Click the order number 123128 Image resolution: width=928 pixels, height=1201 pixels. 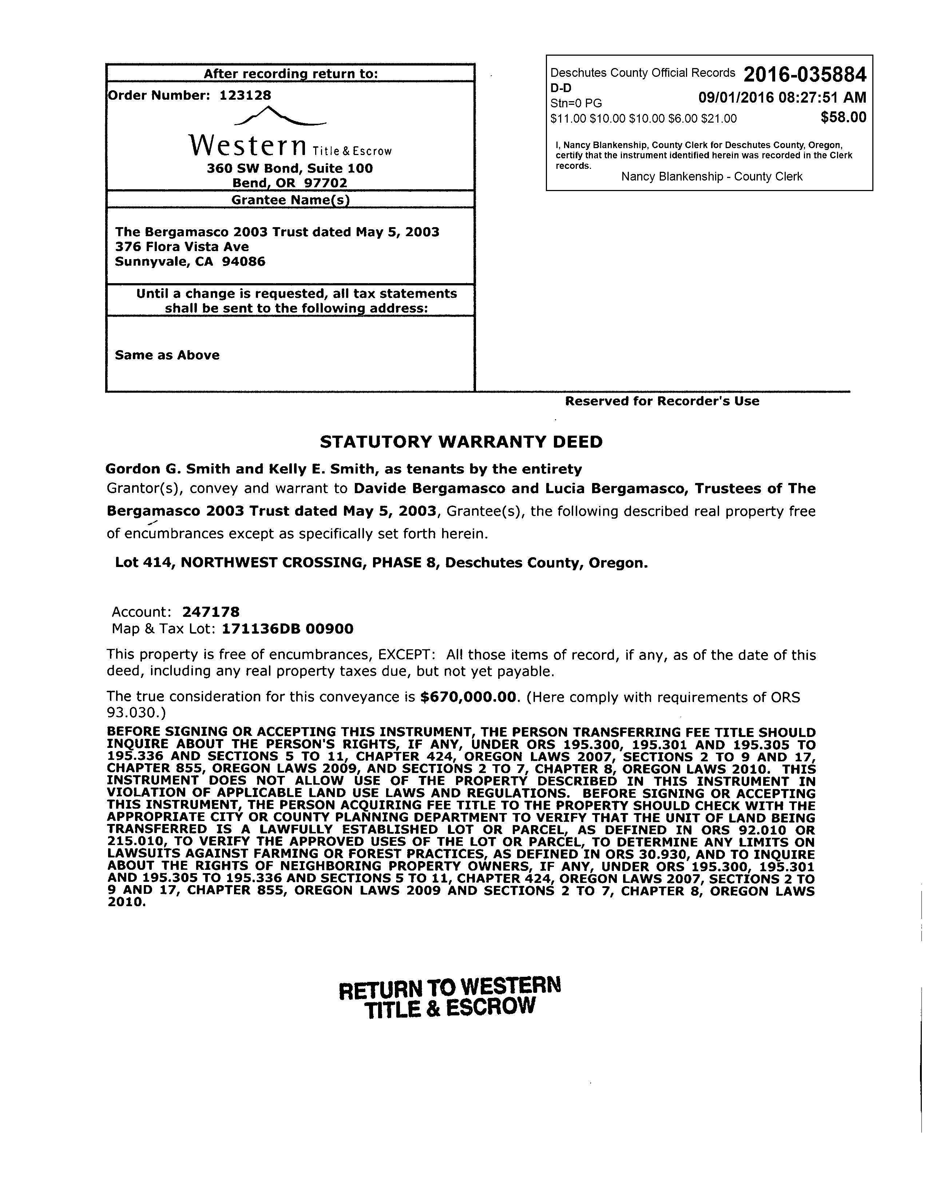click(245, 95)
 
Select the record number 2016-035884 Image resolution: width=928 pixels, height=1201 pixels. click(805, 74)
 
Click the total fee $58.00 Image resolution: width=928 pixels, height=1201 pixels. click(843, 117)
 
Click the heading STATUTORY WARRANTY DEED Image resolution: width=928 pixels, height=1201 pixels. click(461, 442)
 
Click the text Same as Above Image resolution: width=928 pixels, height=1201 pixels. click(167, 355)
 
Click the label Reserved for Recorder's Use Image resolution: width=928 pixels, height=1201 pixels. click(662, 401)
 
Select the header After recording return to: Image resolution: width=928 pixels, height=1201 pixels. click(290, 74)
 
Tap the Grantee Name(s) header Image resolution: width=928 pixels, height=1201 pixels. click(290, 199)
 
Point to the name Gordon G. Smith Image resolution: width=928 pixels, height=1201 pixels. click(168, 469)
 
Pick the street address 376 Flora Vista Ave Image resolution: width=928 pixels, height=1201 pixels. click(182, 247)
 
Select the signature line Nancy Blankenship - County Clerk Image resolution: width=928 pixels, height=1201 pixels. click(711, 177)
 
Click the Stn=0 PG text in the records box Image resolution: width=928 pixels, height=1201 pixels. click(576, 103)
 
